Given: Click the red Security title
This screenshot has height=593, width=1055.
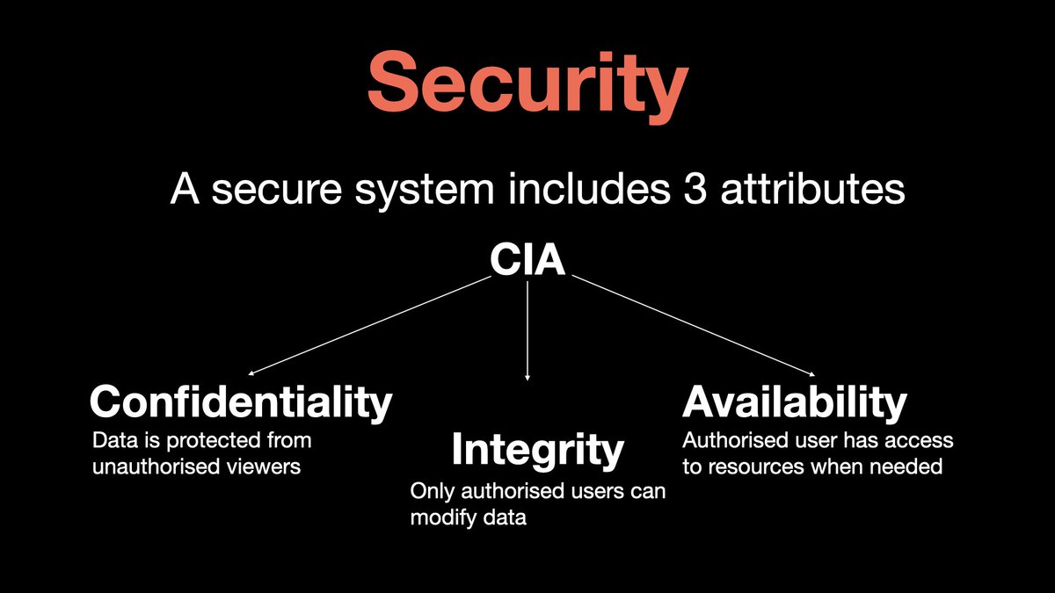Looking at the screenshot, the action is click(527, 82).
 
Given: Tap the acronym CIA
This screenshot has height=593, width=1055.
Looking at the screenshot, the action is click(527, 260).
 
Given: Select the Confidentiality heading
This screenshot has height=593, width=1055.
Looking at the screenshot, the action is click(240, 402).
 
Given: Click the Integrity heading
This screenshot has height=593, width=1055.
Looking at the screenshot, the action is click(537, 450).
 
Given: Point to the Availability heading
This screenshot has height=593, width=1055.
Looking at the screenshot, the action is click(795, 402).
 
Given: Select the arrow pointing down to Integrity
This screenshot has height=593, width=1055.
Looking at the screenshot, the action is click(527, 334).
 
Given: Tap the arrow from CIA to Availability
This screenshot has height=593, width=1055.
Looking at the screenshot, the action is click(695, 326).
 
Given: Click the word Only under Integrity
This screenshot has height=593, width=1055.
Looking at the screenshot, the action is click(430, 492).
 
